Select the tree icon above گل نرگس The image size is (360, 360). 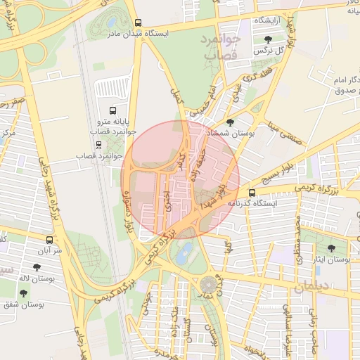click(x=268, y=40)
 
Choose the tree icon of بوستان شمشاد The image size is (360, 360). click(x=231, y=122)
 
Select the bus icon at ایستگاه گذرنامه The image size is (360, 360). click(x=252, y=192)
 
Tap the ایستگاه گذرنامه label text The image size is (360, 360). click(x=252, y=203)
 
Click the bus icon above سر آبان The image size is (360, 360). click(x=49, y=239)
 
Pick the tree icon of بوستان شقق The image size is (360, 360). click(x=22, y=292)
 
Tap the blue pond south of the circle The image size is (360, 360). click(x=181, y=255)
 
